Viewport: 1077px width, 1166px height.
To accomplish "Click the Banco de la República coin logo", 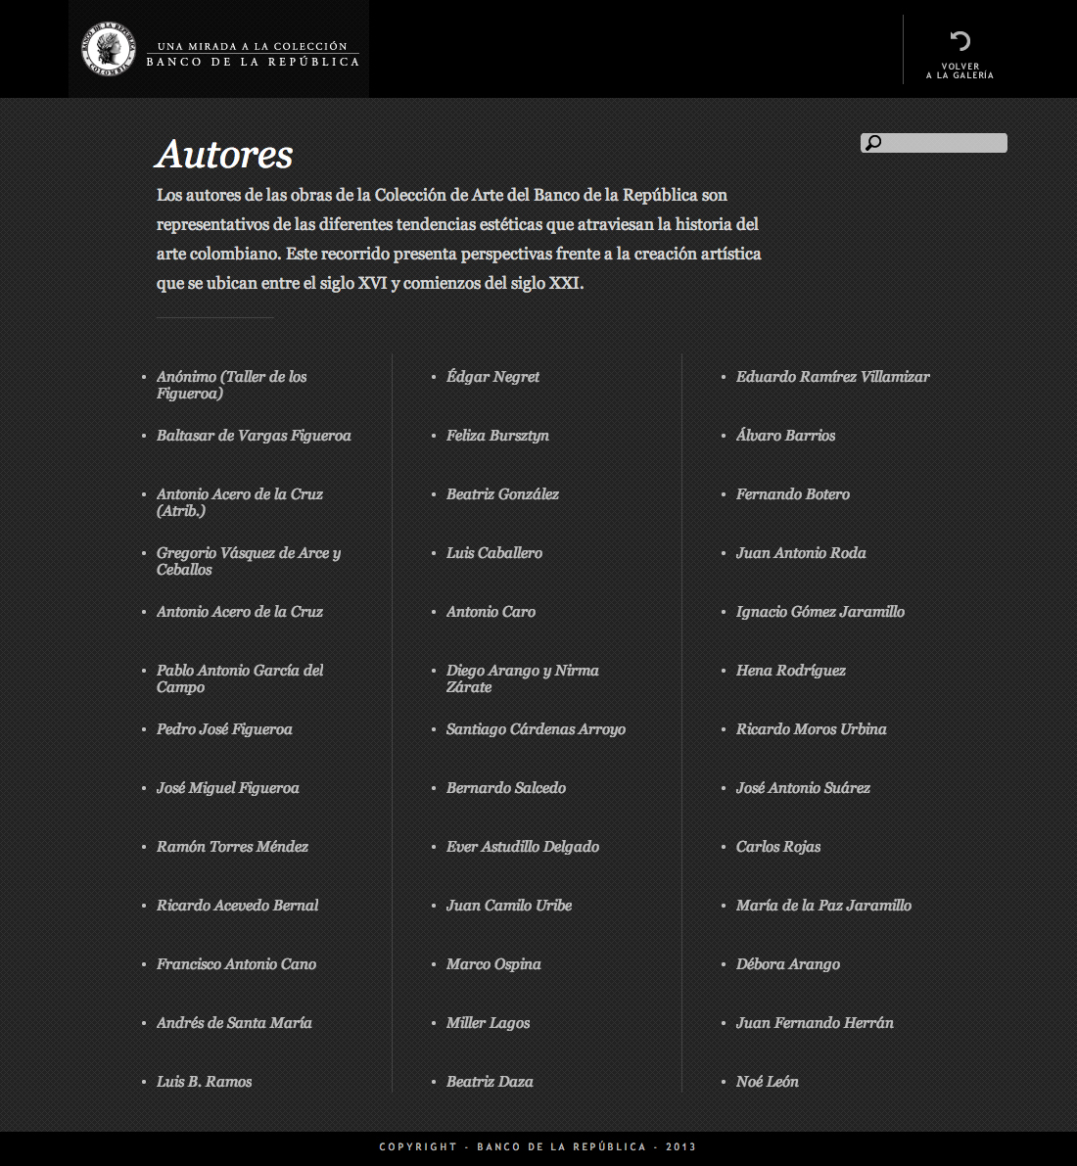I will pos(108,49).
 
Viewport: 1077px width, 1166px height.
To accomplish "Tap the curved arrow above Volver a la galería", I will pos(960,40).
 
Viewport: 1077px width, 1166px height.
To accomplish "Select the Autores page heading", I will pos(224,155).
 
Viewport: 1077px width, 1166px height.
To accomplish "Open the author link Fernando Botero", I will pos(792,494).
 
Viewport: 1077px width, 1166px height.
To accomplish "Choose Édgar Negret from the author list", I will pos(492,377).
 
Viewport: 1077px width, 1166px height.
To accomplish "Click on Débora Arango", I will pos(787,964).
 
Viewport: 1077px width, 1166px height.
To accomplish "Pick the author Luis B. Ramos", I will pos(204,1082).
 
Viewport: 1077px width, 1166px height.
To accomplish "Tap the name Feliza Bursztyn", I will pos(497,436).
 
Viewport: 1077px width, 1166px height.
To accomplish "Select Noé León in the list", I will pos(767,1082).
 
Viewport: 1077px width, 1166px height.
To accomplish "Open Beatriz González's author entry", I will pos(502,494).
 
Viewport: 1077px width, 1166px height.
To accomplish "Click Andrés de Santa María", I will pos(234,1023).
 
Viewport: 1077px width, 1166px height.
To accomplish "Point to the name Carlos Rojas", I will pos(778,847).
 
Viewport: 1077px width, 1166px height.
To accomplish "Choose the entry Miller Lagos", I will pos(488,1023).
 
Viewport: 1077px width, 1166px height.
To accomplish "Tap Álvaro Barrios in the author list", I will pos(785,436).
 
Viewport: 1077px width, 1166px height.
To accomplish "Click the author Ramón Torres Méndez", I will pos(232,847).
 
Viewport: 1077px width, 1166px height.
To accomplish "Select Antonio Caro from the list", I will pos(491,612).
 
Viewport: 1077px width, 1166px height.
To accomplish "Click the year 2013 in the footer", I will pos(680,1146).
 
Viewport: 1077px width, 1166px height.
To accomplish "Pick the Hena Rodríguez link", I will pos(790,671).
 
